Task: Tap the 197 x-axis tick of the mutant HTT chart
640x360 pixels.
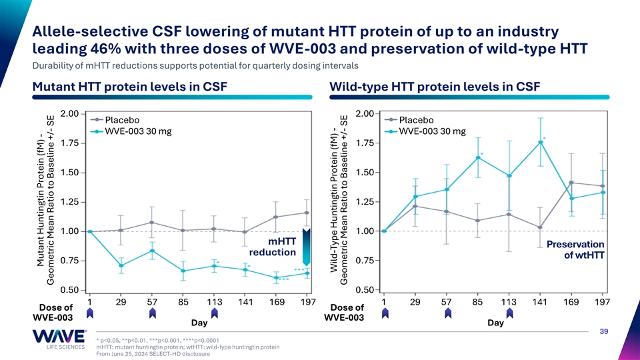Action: coord(307,303)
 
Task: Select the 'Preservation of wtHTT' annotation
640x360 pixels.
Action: coord(575,249)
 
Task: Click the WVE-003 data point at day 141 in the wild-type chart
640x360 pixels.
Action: coord(541,142)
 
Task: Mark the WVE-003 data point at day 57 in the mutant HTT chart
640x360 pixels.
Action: coord(153,251)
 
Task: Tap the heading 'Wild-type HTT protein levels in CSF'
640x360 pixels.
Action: coord(435,87)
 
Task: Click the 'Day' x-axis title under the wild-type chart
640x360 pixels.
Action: coord(495,323)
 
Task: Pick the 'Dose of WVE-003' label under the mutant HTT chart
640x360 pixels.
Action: coord(57,312)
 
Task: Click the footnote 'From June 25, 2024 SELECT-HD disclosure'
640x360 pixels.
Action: coord(153,354)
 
